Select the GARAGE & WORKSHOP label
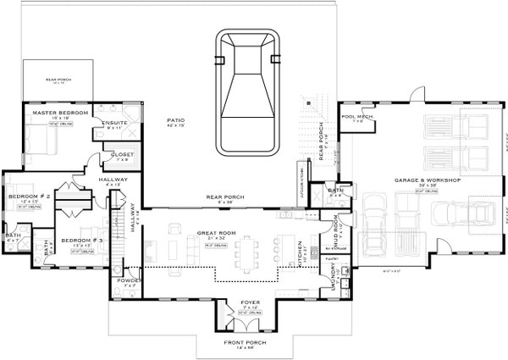tap(427, 181)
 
